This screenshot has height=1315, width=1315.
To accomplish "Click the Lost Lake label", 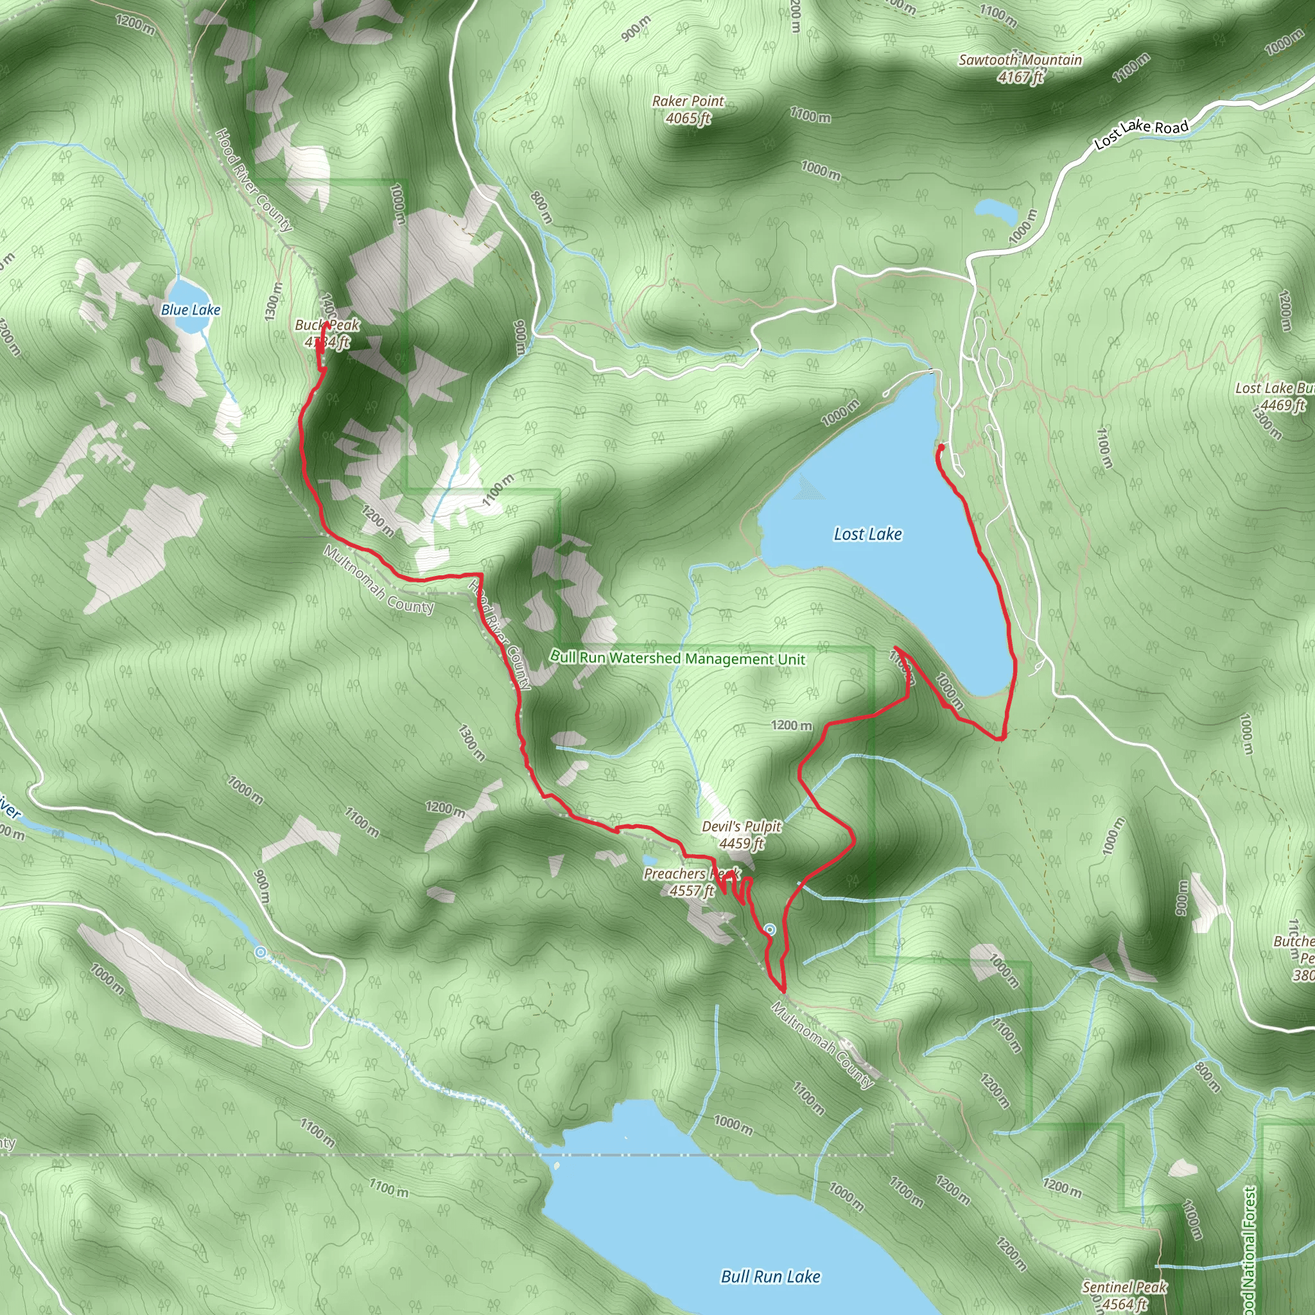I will click(868, 534).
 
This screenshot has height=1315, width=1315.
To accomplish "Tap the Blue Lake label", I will click(191, 309).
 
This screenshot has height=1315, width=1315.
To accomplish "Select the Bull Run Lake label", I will click(771, 1276).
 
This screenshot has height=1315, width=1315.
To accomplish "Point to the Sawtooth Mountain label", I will click(1020, 60).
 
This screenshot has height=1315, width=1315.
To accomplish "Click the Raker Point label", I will click(688, 101).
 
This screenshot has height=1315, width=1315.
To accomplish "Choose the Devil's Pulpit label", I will click(741, 826).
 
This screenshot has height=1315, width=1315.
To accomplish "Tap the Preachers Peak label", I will click(691, 873).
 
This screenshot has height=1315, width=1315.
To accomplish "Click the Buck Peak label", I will click(327, 326).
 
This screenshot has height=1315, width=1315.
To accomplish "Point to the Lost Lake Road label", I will click(1141, 134).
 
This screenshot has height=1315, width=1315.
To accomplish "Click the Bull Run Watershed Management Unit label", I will click(677, 658).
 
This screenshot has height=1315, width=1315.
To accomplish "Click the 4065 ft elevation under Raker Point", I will click(688, 118).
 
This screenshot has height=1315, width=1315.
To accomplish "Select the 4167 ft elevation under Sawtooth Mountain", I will click(1020, 77).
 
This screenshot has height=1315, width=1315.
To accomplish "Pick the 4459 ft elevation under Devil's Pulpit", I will click(741, 843).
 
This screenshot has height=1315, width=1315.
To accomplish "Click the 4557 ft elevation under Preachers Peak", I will click(691, 891).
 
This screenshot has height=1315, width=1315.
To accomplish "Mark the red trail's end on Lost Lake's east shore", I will click(941, 447).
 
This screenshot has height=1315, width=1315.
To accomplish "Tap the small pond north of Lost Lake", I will click(995, 211).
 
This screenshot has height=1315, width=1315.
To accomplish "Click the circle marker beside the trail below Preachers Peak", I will click(770, 929).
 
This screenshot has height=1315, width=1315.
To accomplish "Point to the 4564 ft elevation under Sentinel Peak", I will click(1124, 1303).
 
